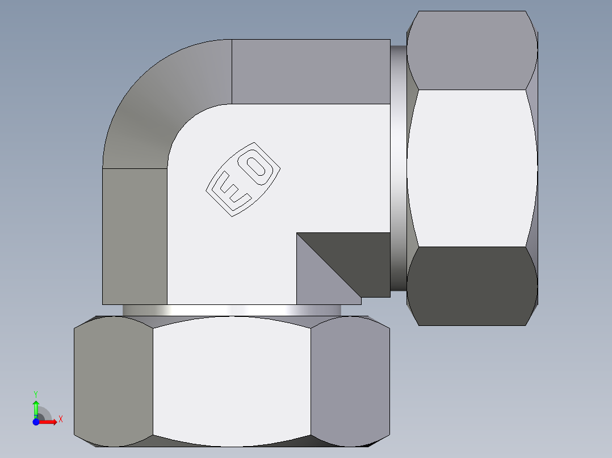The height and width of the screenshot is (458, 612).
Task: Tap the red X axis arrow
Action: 49,422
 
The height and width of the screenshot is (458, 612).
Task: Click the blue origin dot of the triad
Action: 36,422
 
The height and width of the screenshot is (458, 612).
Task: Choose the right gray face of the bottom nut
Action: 350,380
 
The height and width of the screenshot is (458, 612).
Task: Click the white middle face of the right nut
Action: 472,168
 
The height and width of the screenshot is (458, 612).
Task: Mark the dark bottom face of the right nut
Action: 472,286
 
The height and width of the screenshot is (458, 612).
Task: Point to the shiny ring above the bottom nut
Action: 232,310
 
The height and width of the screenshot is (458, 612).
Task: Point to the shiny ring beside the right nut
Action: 399,168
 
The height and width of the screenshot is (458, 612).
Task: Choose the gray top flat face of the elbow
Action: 311,71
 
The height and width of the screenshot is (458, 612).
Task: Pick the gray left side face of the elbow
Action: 135,236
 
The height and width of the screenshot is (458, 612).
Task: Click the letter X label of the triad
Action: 60,419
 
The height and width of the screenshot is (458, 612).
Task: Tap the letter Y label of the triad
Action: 36,393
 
